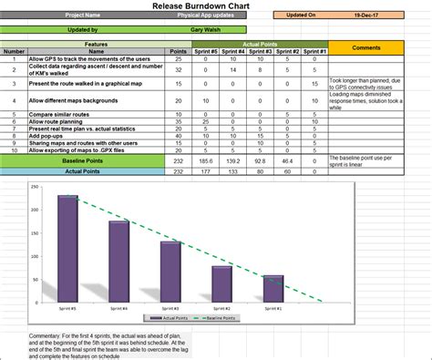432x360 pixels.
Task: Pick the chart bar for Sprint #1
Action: point(273,289)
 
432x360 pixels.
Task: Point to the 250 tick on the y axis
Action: point(35,188)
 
